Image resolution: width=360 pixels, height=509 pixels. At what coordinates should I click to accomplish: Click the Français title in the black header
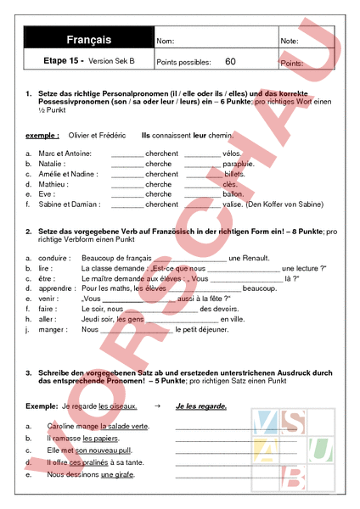coord(88,40)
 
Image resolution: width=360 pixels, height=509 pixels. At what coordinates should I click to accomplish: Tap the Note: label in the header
coord(290,41)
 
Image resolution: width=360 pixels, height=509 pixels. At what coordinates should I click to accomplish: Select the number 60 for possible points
coord(231,62)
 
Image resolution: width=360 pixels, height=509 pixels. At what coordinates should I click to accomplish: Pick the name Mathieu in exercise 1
coord(53,183)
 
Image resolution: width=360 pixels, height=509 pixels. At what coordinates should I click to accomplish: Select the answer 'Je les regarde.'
coord(201,406)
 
